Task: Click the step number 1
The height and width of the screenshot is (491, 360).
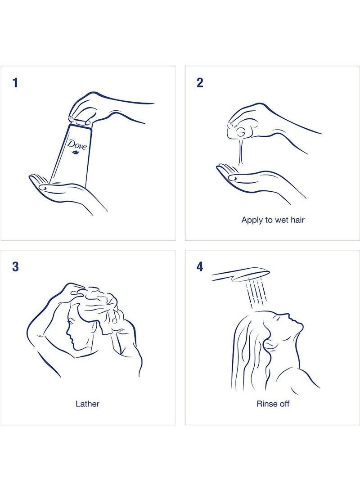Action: pos(15,83)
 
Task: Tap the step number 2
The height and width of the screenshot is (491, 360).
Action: pos(200,83)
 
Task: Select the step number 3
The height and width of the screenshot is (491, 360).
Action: pos(15,267)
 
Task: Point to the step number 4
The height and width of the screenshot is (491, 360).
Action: pos(200,267)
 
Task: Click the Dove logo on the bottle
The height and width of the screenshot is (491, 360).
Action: pos(77,147)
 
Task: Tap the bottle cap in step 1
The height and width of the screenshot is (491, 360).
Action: pos(80,122)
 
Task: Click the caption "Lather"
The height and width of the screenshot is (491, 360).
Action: pos(87,404)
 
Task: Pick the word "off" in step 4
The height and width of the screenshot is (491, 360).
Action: pos(284,404)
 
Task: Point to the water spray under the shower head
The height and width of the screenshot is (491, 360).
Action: pos(256,293)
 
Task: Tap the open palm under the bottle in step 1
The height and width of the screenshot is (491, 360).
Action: pos(63,190)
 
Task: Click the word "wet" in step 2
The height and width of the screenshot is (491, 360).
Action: pos(281,220)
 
